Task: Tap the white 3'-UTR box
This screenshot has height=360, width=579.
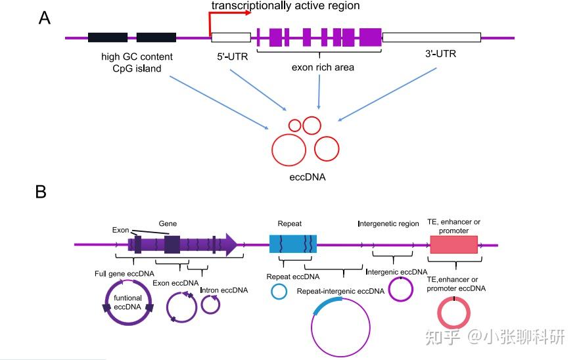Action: tap(431, 37)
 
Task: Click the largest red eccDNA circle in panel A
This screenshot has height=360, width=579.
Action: tap(289, 150)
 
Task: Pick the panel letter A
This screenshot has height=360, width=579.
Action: tap(45, 18)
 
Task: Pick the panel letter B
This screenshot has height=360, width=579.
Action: tap(41, 192)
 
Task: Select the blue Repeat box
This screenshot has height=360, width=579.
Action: tap(293, 243)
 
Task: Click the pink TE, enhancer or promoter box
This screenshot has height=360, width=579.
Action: tap(453, 244)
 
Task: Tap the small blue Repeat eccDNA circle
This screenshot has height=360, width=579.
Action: tap(279, 292)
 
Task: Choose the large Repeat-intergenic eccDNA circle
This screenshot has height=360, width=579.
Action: tap(341, 327)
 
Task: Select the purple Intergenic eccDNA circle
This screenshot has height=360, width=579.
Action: tap(400, 289)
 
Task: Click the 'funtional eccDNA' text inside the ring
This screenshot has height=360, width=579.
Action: tap(127, 303)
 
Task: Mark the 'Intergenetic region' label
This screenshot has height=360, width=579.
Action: tap(388, 224)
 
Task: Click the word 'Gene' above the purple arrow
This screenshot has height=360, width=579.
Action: tap(168, 224)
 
